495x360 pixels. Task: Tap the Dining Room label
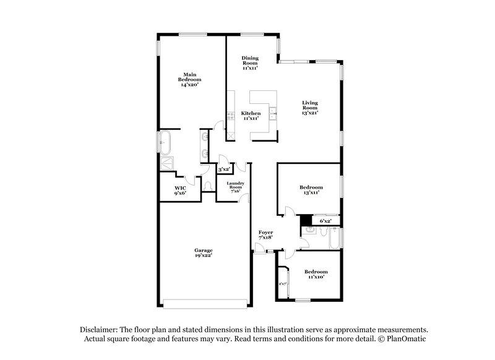point(250,62)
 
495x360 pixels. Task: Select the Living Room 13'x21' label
point(310,108)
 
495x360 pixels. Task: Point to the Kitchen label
point(251,116)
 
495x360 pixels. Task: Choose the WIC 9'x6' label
point(180,190)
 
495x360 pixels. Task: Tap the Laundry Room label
point(236,187)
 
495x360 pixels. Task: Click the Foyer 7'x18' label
point(265,235)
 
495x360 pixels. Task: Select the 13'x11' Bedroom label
point(311,190)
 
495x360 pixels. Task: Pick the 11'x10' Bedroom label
point(316,275)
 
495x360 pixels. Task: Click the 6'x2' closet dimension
point(325,221)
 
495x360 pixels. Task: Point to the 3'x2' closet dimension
point(223,169)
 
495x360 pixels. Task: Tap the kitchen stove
point(230,114)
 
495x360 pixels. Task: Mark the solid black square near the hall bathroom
point(305,220)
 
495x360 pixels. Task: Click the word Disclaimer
point(101,330)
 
